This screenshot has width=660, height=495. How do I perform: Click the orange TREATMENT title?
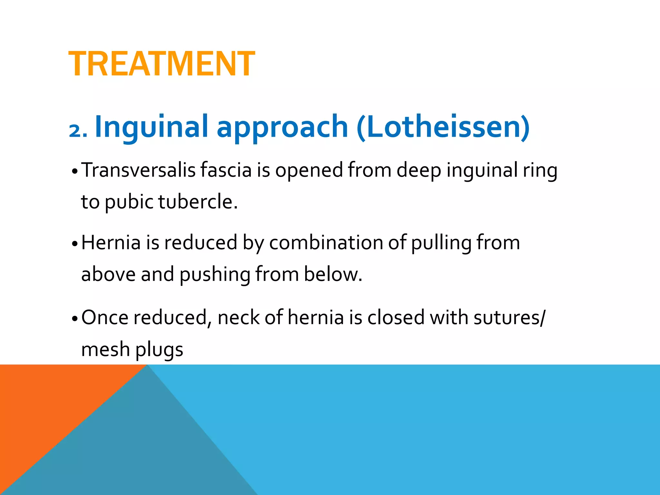click(x=161, y=64)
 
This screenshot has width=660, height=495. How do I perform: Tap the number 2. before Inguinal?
click(x=78, y=131)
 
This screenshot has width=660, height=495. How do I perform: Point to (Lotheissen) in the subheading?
click(x=443, y=127)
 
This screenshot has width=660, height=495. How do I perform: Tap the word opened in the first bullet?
click(x=309, y=171)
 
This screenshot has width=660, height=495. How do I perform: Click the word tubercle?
click(x=198, y=202)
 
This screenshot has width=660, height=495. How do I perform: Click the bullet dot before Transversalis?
click(x=75, y=171)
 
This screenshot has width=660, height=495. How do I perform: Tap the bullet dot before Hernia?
click(x=75, y=244)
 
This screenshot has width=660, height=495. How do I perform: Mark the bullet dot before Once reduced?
click(x=75, y=319)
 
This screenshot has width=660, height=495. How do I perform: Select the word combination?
click(x=326, y=242)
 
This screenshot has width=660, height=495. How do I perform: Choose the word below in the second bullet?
click(x=333, y=274)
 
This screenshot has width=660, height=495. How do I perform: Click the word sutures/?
click(x=510, y=317)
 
